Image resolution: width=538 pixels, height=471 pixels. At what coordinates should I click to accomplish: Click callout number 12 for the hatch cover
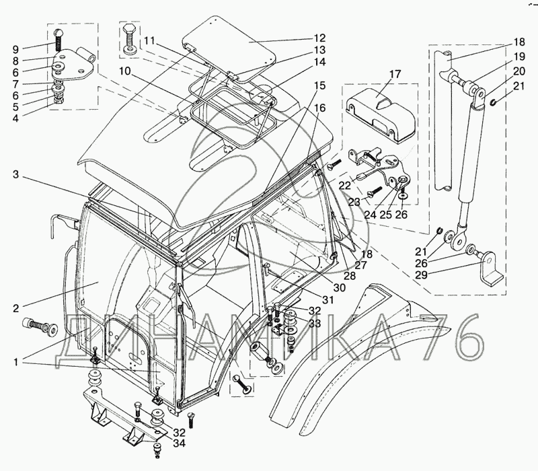pyautogui.click(x=319, y=38)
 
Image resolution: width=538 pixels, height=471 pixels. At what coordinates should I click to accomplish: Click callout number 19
pyautogui.click(x=501, y=57)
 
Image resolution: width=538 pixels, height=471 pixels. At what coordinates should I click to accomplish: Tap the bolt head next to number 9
pyautogui.click(x=59, y=33)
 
